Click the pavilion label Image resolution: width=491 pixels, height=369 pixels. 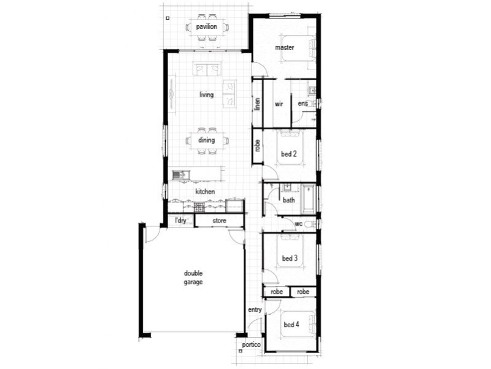(x=206, y=27)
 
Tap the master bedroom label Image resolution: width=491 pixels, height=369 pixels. (x=284, y=47)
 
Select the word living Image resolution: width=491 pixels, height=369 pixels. (x=206, y=95)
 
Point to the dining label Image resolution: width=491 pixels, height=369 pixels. (x=206, y=140)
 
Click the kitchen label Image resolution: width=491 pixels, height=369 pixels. (x=205, y=192)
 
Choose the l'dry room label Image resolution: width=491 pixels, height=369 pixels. (x=181, y=220)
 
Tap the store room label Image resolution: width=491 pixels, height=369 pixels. (x=219, y=220)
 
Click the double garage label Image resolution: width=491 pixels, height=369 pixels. (x=193, y=278)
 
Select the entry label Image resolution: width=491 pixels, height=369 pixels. (x=255, y=310)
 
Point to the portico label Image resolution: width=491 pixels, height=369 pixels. (x=252, y=345)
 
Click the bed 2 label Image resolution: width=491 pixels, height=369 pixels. (x=289, y=154)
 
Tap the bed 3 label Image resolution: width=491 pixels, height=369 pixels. (x=289, y=258)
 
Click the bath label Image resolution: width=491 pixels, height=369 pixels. (x=288, y=200)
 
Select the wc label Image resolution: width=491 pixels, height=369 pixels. (x=298, y=224)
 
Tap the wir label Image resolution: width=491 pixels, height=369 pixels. (x=279, y=104)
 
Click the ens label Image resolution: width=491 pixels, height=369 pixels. (x=302, y=104)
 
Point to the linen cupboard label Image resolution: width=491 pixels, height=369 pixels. (x=258, y=105)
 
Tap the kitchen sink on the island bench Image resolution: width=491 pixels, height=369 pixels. (x=179, y=175)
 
